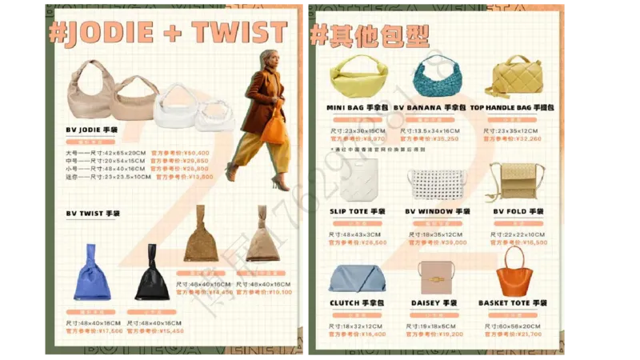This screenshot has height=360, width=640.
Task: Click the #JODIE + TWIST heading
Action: [x=167, y=33]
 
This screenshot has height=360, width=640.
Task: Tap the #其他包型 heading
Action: [x=370, y=34]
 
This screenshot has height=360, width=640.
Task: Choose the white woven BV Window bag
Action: [x=437, y=183]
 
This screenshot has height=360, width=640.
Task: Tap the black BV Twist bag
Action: [x=151, y=277]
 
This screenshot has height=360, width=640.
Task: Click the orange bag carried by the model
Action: [x=273, y=126]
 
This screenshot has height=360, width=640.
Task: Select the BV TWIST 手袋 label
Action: [x=93, y=214]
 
